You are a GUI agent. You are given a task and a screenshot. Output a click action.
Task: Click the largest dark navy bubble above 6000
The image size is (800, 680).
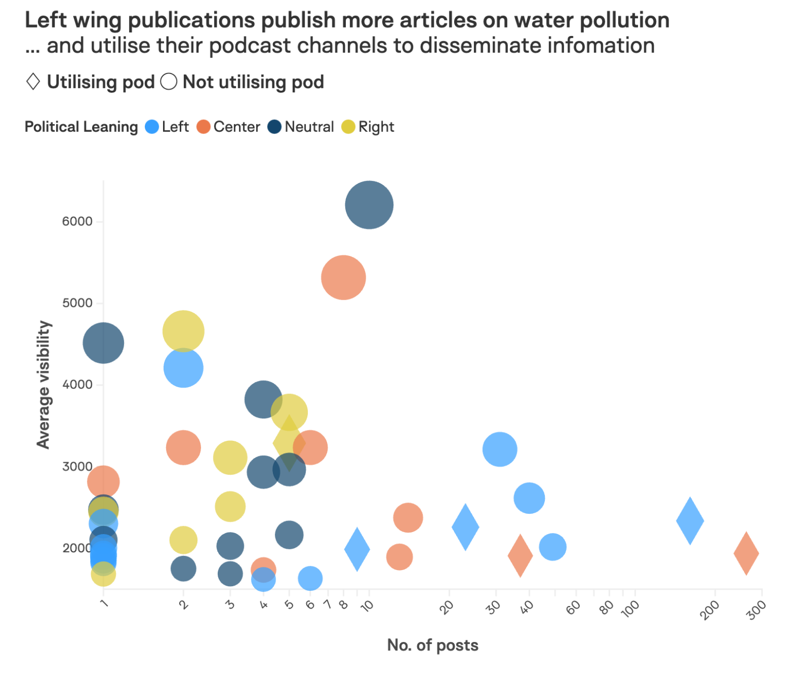coord(369,205)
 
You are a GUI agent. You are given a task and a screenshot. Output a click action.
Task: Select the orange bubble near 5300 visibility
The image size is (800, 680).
coord(343,278)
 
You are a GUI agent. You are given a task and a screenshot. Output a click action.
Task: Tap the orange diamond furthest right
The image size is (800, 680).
coord(746,553)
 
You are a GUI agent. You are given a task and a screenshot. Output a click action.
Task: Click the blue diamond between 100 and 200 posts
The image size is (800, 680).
coord(690,521)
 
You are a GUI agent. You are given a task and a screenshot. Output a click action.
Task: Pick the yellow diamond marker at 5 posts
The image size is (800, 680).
coord(289,443)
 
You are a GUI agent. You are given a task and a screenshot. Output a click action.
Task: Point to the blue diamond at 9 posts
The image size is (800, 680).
coord(357,549)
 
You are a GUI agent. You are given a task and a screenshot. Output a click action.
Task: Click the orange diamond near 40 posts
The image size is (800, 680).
coord(520,555)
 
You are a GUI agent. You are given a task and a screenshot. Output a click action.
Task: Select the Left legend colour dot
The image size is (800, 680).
coord(152,127)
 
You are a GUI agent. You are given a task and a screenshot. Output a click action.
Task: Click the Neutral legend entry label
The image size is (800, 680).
coord(309,127)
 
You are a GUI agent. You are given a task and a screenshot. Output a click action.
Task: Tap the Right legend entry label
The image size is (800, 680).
coord(376,127)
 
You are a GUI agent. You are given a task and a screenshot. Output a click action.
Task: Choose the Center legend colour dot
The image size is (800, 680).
coord(203,127)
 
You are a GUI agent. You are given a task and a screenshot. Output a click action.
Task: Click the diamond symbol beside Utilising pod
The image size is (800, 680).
coord(33,82)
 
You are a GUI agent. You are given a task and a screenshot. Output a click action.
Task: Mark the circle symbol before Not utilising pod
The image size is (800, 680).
coord(169,82)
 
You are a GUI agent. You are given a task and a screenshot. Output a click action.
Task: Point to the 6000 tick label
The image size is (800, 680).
coord(77,221)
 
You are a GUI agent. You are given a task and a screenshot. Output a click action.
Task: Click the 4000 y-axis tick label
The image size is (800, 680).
coord(77,385)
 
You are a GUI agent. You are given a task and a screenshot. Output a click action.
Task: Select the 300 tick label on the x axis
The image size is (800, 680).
coord(756,610)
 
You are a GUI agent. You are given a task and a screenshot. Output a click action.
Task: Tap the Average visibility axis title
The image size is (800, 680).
coord(44,385)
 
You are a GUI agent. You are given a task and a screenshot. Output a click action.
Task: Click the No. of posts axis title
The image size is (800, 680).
coord(432,645)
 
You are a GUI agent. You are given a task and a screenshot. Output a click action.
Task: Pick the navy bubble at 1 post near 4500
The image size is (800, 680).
coord(104,343)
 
